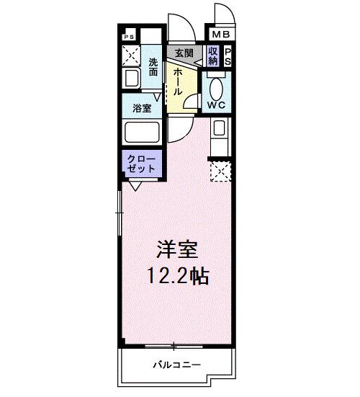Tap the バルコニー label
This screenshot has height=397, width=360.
176,365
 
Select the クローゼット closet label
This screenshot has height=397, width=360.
141,163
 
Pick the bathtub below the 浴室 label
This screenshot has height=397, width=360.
142,133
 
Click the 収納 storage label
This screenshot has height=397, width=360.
213,55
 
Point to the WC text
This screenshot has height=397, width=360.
217,104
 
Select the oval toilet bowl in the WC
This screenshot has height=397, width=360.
217,86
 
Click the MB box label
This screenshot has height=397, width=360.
220,34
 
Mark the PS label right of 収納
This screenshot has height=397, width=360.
228,56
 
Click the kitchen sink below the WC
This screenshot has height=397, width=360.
219,130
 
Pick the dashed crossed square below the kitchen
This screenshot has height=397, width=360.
219,171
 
